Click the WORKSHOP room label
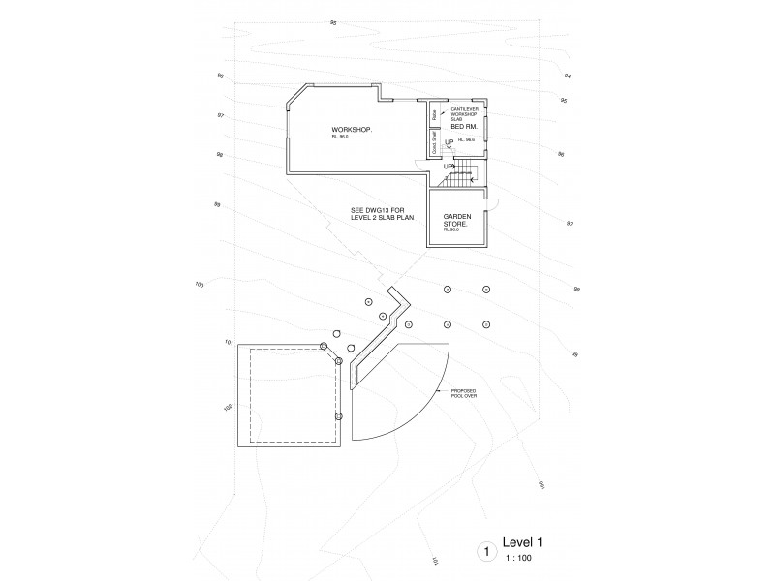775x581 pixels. click(x=352, y=130)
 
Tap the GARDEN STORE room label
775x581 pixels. click(x=456, y=220)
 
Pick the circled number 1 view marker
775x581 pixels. click(x=486, y=552)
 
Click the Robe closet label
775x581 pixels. click(x=434, y=115)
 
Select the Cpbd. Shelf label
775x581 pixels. click(x=434, y=141)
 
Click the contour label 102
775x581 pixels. click(x=228, y=408)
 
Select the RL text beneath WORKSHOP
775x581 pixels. click(x=339, y=138)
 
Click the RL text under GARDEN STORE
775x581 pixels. click(x=451, y=230)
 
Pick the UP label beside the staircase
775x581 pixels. click(x=448, y=167)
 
